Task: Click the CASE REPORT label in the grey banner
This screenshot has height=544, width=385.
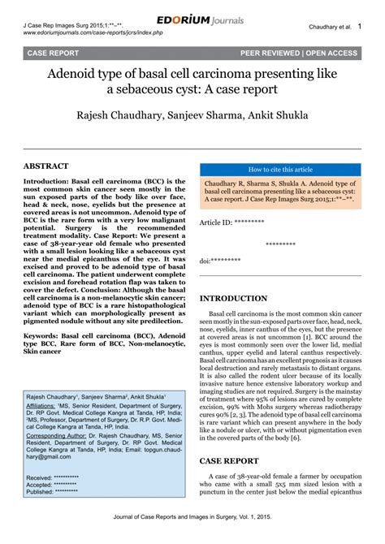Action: [54, 53]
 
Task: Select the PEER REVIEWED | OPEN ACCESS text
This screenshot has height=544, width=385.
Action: [298, 53]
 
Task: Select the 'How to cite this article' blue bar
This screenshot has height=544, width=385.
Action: [279, 170]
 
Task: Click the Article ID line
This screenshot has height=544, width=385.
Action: [231, 222]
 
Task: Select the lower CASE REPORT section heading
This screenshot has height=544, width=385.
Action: [229, 460]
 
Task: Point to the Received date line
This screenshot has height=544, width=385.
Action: [53, 478]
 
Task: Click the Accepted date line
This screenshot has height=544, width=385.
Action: [52, 485]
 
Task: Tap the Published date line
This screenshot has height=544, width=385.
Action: [53, 492]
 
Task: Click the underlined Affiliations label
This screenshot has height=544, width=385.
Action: [45, 404]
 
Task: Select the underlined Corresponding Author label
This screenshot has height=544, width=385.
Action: [58, 436]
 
